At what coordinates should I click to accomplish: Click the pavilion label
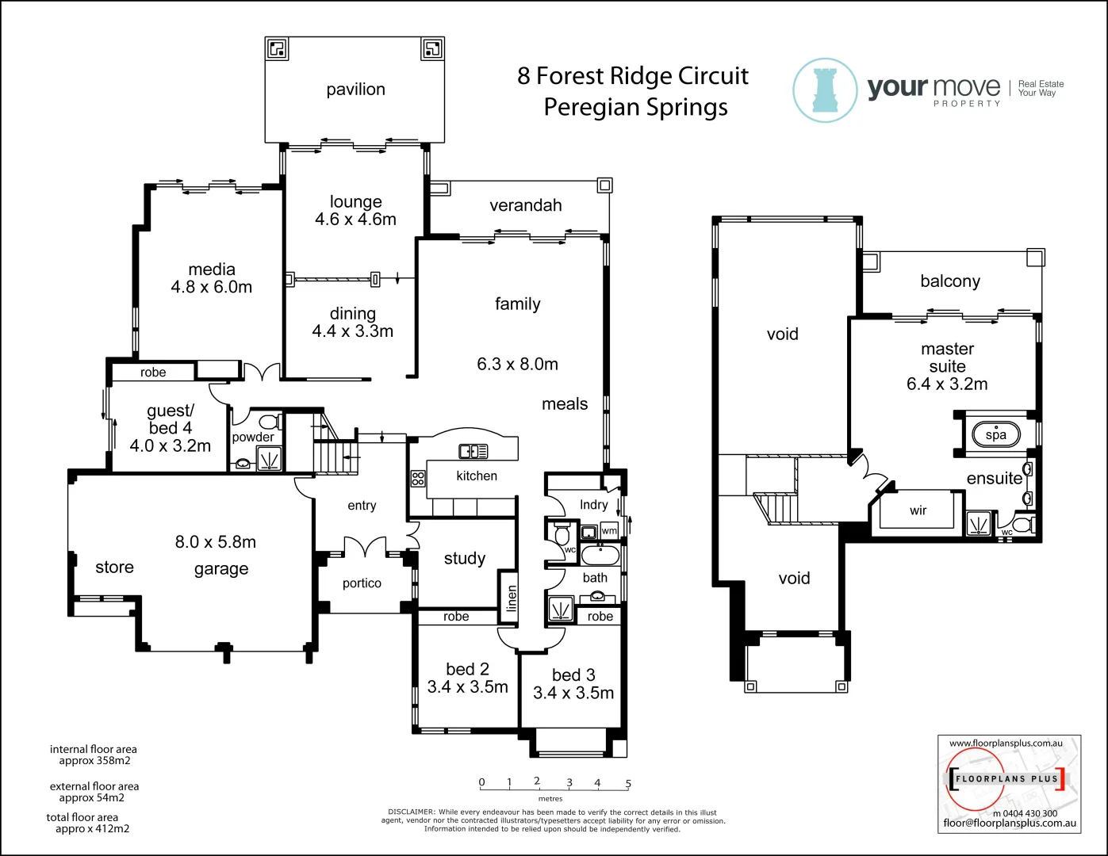click(355, 90)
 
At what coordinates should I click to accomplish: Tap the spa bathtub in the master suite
click(995, 434)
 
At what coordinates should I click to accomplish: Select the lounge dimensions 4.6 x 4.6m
click(355, 220)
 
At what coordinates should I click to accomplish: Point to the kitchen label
click(477, 476)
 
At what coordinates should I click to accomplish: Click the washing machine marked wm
click(608, 530)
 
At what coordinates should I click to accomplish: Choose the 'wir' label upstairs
click(918, 510)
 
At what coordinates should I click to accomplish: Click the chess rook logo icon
click(825, 90)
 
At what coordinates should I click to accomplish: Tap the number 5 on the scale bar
click(628, 783)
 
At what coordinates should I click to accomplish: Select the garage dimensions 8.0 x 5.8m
click(216, 542)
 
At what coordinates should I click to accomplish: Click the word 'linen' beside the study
click(512, 598)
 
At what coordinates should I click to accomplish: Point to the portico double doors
click(365, 546)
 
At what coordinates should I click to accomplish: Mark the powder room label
click(253, 437)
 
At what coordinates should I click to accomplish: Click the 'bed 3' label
click(573, 674)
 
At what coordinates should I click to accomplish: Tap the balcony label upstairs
click(949, 281)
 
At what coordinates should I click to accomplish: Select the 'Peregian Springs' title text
click(635, 107)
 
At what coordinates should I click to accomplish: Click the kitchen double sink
click(473, 451)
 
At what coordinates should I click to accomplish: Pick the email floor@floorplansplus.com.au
click(1010, 823)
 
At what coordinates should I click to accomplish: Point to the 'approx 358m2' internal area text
click(94, 761)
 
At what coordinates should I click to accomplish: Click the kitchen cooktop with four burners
click(418, 478)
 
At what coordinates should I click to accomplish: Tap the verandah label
click(525, 205)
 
